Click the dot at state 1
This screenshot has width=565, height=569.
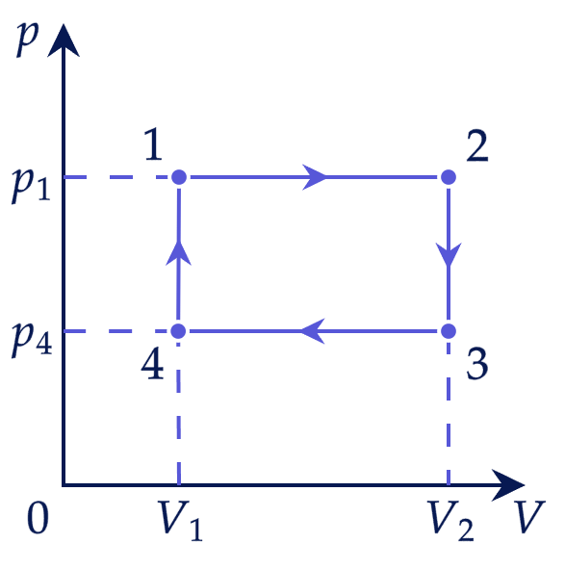179,177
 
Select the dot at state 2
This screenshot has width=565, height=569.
449,177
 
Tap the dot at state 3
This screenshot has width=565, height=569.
449,331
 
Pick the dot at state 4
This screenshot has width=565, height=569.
178,331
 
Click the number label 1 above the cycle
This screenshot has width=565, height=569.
153,144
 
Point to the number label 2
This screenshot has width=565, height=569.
477,146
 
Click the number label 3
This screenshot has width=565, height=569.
477,364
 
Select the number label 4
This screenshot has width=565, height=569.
152,363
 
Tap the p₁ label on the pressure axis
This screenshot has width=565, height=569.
31,186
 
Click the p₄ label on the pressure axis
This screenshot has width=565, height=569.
32,340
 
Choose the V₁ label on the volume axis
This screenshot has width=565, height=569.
180,520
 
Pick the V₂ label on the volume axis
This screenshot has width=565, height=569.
450,520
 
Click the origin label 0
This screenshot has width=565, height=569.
38,518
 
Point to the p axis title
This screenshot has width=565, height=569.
27,39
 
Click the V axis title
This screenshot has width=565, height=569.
530,517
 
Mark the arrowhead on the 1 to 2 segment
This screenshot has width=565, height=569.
314,177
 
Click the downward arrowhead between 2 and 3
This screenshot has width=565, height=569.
449,255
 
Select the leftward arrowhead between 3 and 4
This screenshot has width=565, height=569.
312,331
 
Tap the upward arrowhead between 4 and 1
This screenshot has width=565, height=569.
178,252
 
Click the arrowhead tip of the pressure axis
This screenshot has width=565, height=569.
64,24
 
